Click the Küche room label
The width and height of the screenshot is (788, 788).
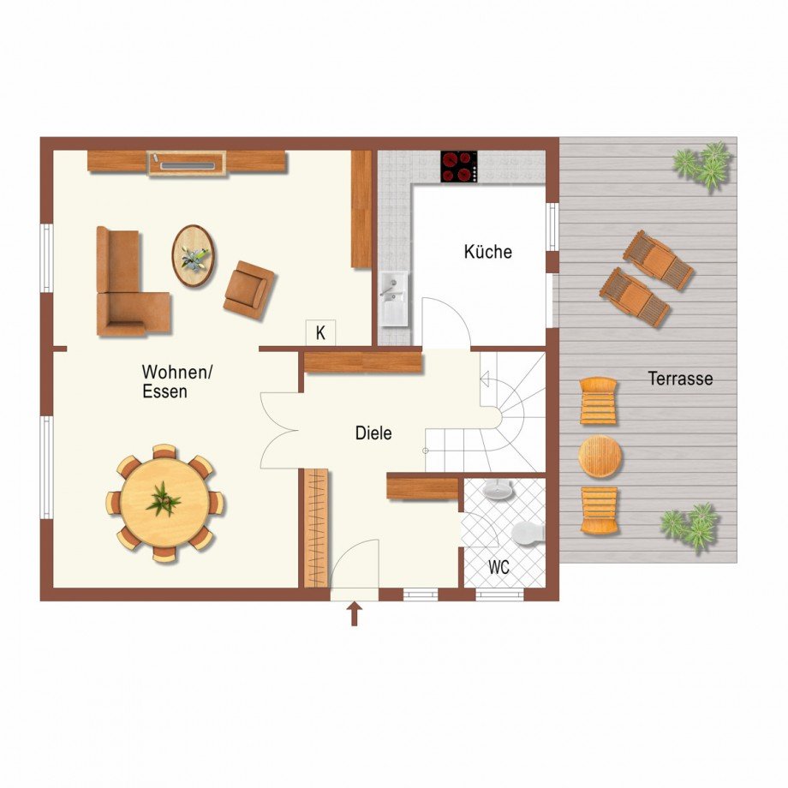(x=487, y=251)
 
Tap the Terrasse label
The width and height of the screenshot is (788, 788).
(x=680, y=379)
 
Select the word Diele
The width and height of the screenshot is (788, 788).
(x=373, y=433)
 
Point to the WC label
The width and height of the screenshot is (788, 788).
(x=498, y=567)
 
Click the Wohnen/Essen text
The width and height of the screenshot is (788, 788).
(x=177, y=381)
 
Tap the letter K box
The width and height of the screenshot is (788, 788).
(x=320, y=332)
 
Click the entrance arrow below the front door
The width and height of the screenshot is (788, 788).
(x=355, y=614)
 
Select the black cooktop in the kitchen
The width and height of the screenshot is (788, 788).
(x=459, y=166)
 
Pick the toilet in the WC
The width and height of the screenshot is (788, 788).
(x=528, y=533)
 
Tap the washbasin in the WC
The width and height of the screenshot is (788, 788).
(x=498, y=490)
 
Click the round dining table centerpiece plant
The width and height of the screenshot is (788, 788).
(x=164, y=499)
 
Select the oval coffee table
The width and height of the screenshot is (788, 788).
(x=194, y=256)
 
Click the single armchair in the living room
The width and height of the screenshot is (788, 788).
(x=249, y=290)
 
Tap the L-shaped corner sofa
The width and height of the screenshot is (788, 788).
(x=132, y=285)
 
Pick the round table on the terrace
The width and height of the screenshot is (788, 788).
(x=600, y=457)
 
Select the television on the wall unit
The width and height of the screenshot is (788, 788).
(x=187, y=164)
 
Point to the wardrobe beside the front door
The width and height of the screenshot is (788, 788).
(x=316, y=528)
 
